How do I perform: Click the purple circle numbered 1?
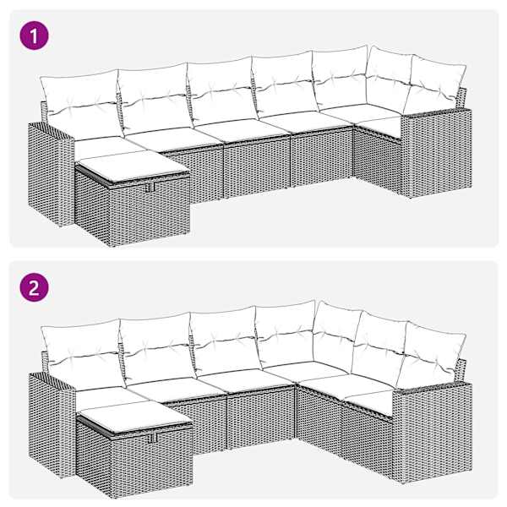click(x=35, y=35)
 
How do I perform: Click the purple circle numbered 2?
click(x=35, y=287)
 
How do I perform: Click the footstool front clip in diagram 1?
click(x=150, y=188)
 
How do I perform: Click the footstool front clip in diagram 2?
click(x=152, y=438)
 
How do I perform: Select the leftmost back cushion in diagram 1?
click(x=82, y=103)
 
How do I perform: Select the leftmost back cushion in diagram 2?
click(x=84, y=354)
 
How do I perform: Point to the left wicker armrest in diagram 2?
click(x=52, y=423)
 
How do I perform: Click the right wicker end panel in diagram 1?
click(x=436, y=153)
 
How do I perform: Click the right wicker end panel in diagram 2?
click(x=432, y=432)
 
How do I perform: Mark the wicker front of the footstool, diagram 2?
click(x=152, y=461)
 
